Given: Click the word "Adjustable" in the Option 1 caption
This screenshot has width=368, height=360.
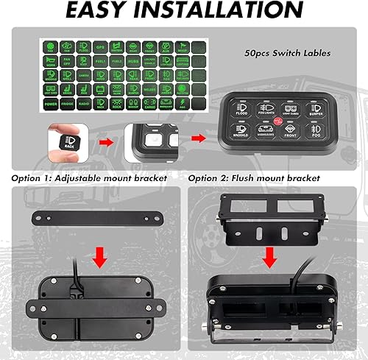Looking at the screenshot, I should tap(88, 179).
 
